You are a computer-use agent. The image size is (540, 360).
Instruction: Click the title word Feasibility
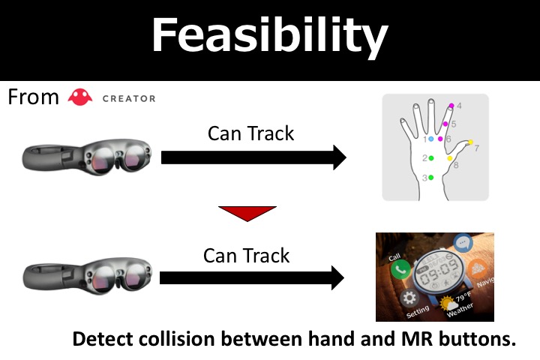point(269,35)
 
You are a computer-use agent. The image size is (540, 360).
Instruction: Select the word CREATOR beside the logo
point(128,98)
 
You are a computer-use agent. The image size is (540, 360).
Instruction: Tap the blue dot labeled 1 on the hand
point(430,139)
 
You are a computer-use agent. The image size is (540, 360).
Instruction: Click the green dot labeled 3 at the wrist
point(430,178)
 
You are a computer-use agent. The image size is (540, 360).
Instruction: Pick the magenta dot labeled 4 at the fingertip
point(451,106)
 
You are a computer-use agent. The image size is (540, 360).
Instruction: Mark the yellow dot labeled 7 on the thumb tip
point(471,142)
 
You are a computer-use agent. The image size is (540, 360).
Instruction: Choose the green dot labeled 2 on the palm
point(430,158)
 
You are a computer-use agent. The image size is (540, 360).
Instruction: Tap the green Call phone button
point(400,268)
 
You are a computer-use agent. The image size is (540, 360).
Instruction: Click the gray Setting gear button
point(410,298)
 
